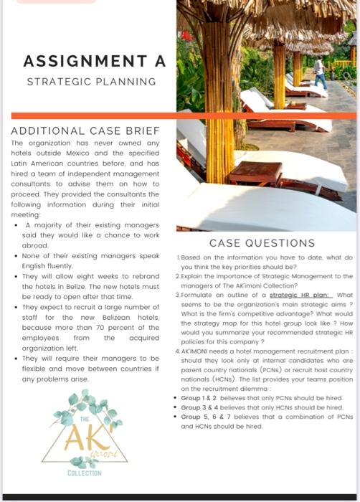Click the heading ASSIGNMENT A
coord(95,61)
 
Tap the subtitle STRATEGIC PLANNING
coord(91,81)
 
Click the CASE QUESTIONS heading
coord(262,243)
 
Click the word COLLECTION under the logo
coord(85,473)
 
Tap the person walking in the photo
coord(319,70)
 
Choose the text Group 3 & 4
coord(201,407)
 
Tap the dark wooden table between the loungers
coord(255,172)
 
